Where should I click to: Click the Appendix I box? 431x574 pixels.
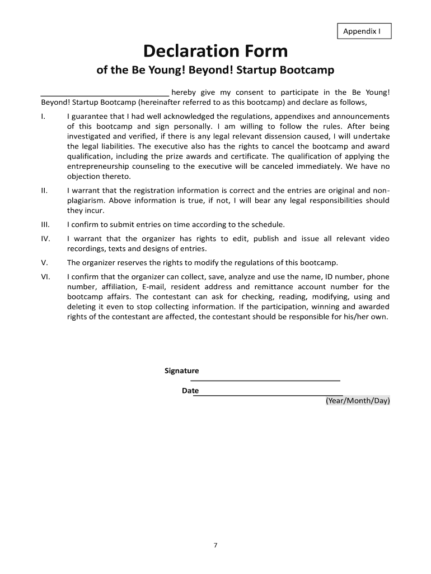(x=364, y=31)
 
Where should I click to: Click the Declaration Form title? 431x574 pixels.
(x=215, y=52)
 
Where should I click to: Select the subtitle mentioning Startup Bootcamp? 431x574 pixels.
(x=215, y=71)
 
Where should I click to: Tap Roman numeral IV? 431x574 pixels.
(x=46, y=239)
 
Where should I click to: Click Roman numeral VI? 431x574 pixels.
(x=46, y=277)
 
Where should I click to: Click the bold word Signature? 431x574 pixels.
(x=181, y=371)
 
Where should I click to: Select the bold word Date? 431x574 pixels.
(x=190, y=391)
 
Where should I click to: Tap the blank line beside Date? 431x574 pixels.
(x=268, y=395)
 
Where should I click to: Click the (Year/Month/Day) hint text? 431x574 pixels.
(x=358, y=401)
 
